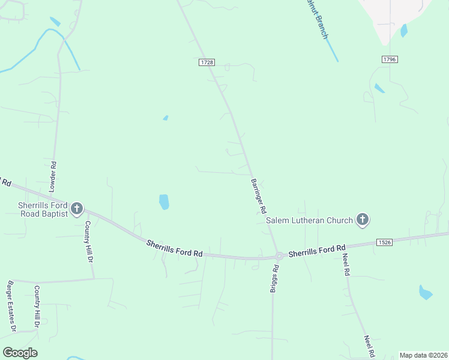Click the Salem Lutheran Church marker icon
point(362,220)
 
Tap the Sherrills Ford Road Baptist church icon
point(77,208)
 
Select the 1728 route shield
point(206,62)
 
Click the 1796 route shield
point(390,59)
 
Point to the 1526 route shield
point(385,242)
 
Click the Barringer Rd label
point(259,196)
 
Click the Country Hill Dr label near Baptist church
point(88,242)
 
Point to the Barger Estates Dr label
point(10,306)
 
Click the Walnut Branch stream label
point(316,19)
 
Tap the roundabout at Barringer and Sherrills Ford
point(279,256)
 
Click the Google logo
point(20,353)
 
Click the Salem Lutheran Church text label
point(310,220)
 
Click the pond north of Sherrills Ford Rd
point(164,202)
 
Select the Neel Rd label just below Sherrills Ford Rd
point(346,265)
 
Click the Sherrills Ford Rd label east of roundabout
point(317,250)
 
